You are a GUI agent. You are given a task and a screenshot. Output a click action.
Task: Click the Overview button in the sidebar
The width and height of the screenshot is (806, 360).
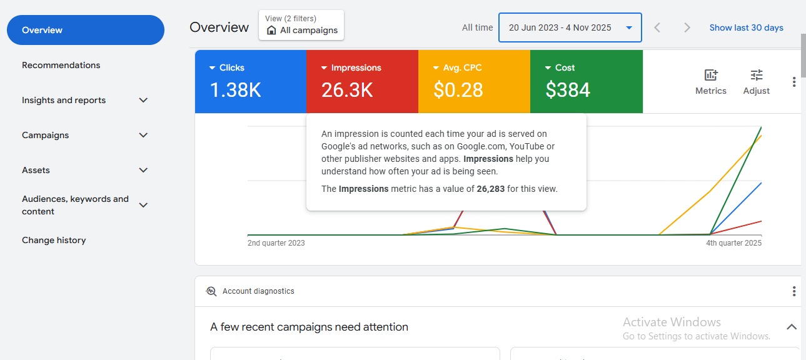(x=85, y=30)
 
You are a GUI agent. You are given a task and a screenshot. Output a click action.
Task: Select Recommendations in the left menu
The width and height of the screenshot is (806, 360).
(x=61, y=65)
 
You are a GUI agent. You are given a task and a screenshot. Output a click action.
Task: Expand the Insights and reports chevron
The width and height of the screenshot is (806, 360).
(x=143, y=100)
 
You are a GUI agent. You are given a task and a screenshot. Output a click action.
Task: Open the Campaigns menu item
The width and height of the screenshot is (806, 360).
(x=46, y=135)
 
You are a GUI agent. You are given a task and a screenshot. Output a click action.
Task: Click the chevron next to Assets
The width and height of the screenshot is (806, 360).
(x=143, y=170)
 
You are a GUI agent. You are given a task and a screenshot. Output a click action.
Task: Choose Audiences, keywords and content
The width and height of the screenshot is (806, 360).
(x=75, y=205)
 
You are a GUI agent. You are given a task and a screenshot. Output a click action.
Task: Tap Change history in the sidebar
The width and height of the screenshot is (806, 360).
(x=54, y=240)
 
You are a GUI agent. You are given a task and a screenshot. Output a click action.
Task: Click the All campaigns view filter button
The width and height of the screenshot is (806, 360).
(x=301, y=25)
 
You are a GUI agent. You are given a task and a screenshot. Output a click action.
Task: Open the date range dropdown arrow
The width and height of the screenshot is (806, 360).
(x=629, y=27)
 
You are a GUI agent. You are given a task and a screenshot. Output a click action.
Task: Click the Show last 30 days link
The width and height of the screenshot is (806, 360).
(x=746, y=27)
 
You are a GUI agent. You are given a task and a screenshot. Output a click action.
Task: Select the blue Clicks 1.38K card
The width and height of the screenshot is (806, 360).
(x=250, y=81)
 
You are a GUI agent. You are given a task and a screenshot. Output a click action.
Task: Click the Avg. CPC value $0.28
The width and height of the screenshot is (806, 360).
(x=458, y=90)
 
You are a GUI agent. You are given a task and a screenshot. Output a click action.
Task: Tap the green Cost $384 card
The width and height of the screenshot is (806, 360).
(x=586, y=81)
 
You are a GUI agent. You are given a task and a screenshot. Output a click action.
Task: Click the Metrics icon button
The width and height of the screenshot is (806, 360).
(x=711, y=81)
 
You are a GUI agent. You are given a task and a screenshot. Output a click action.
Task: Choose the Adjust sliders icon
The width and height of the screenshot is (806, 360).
(x=757, y=81)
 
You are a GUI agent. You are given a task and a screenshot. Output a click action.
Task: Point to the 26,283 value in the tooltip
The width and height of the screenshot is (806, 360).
(x=491, y=189)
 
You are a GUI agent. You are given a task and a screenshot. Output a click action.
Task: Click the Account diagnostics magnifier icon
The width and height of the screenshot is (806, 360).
(x=211, y=291)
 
